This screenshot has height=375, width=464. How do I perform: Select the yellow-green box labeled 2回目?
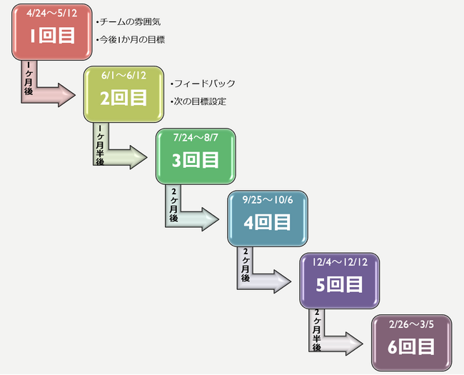[x=123, y=99]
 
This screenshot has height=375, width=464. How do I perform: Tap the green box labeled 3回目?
[x=196, y=161]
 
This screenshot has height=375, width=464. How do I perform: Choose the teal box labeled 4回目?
[x=267, y=223]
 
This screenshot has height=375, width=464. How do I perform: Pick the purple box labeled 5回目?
[x=339, y=285]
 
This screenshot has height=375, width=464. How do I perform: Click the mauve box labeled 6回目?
[x=411, y=347]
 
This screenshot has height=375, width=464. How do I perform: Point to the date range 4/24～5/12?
[x=51, y=14]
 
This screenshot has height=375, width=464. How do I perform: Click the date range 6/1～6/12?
[x=123, y=76]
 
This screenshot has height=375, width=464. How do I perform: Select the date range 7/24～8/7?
[x=196, y=137]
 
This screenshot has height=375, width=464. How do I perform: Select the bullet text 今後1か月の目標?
[x=133, y=40]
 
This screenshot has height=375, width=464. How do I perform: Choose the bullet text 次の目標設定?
[x=201, y=101]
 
